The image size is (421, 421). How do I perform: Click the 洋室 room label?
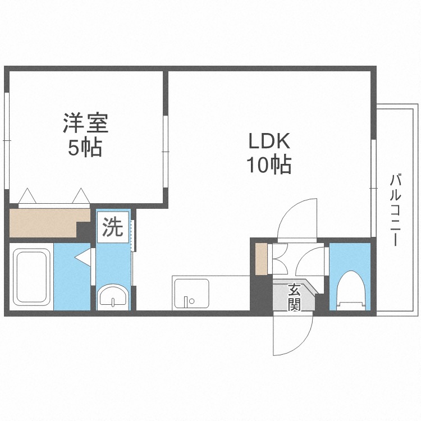coord(85,122)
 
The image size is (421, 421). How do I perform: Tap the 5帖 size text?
coord(85,148)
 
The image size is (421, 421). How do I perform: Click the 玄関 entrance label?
coord(294,298)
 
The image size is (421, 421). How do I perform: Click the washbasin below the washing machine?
coord(114,296)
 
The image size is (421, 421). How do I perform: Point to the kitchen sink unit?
coord(191,294)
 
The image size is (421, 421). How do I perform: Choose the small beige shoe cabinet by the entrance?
coord(261,259)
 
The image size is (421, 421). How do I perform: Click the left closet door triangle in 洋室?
coord(28,196)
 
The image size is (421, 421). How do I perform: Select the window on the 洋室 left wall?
coord(7,140)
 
